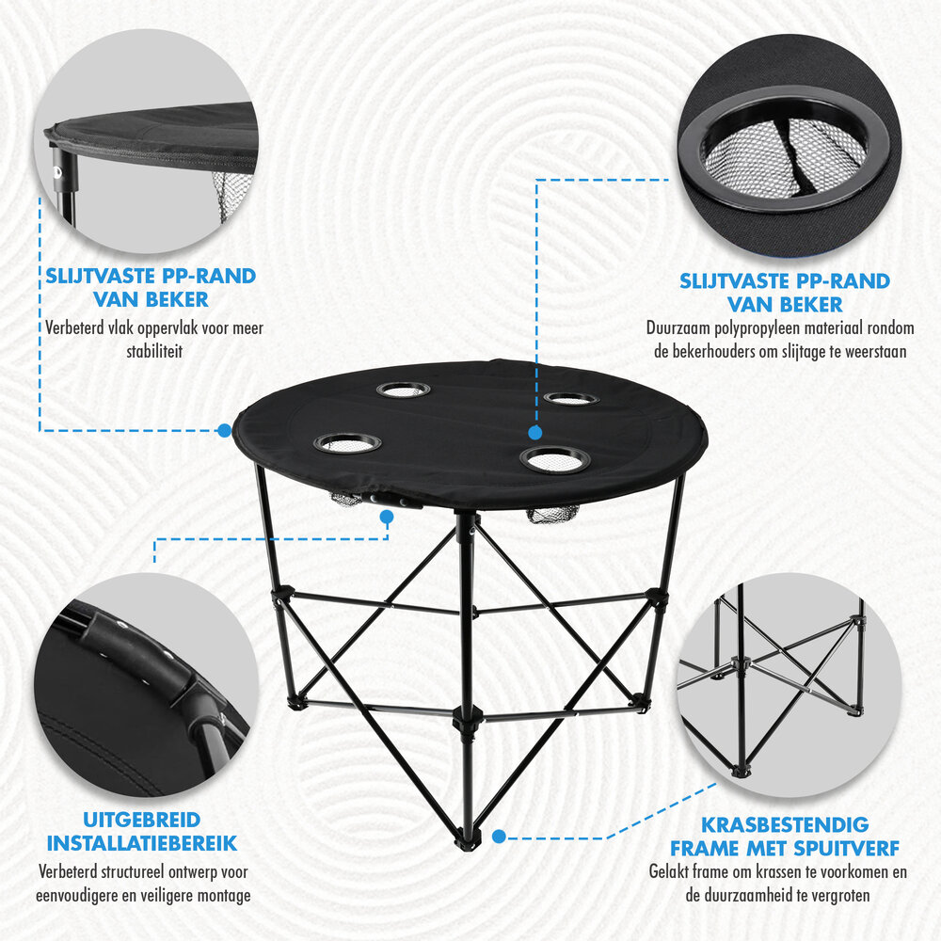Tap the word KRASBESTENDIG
click(785, 825)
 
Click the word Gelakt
click(670, 872)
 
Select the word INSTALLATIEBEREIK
click(142, 843)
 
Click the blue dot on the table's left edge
click(224, 430)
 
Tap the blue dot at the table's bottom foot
click(499, 835)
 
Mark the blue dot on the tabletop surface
click(534, 432)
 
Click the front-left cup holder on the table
click(347, 442)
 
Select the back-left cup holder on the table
click(403, 389)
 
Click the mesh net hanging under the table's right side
click(553, 516)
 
